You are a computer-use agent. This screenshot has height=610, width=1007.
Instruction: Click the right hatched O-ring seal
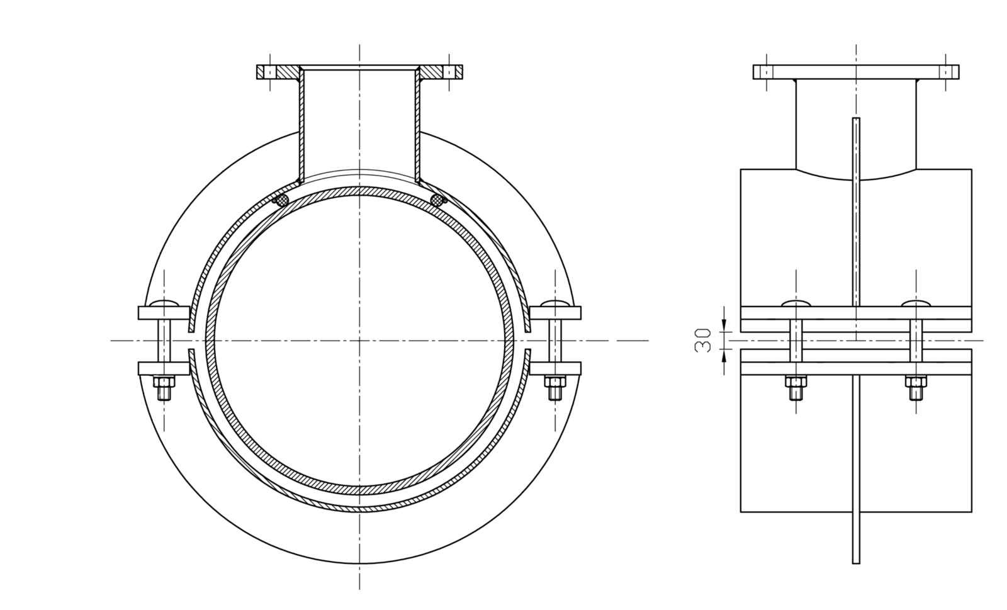(436, 200)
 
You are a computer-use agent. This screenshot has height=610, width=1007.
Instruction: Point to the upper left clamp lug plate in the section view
(163, 313)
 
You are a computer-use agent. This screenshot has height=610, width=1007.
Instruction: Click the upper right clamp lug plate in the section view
(555, 313)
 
